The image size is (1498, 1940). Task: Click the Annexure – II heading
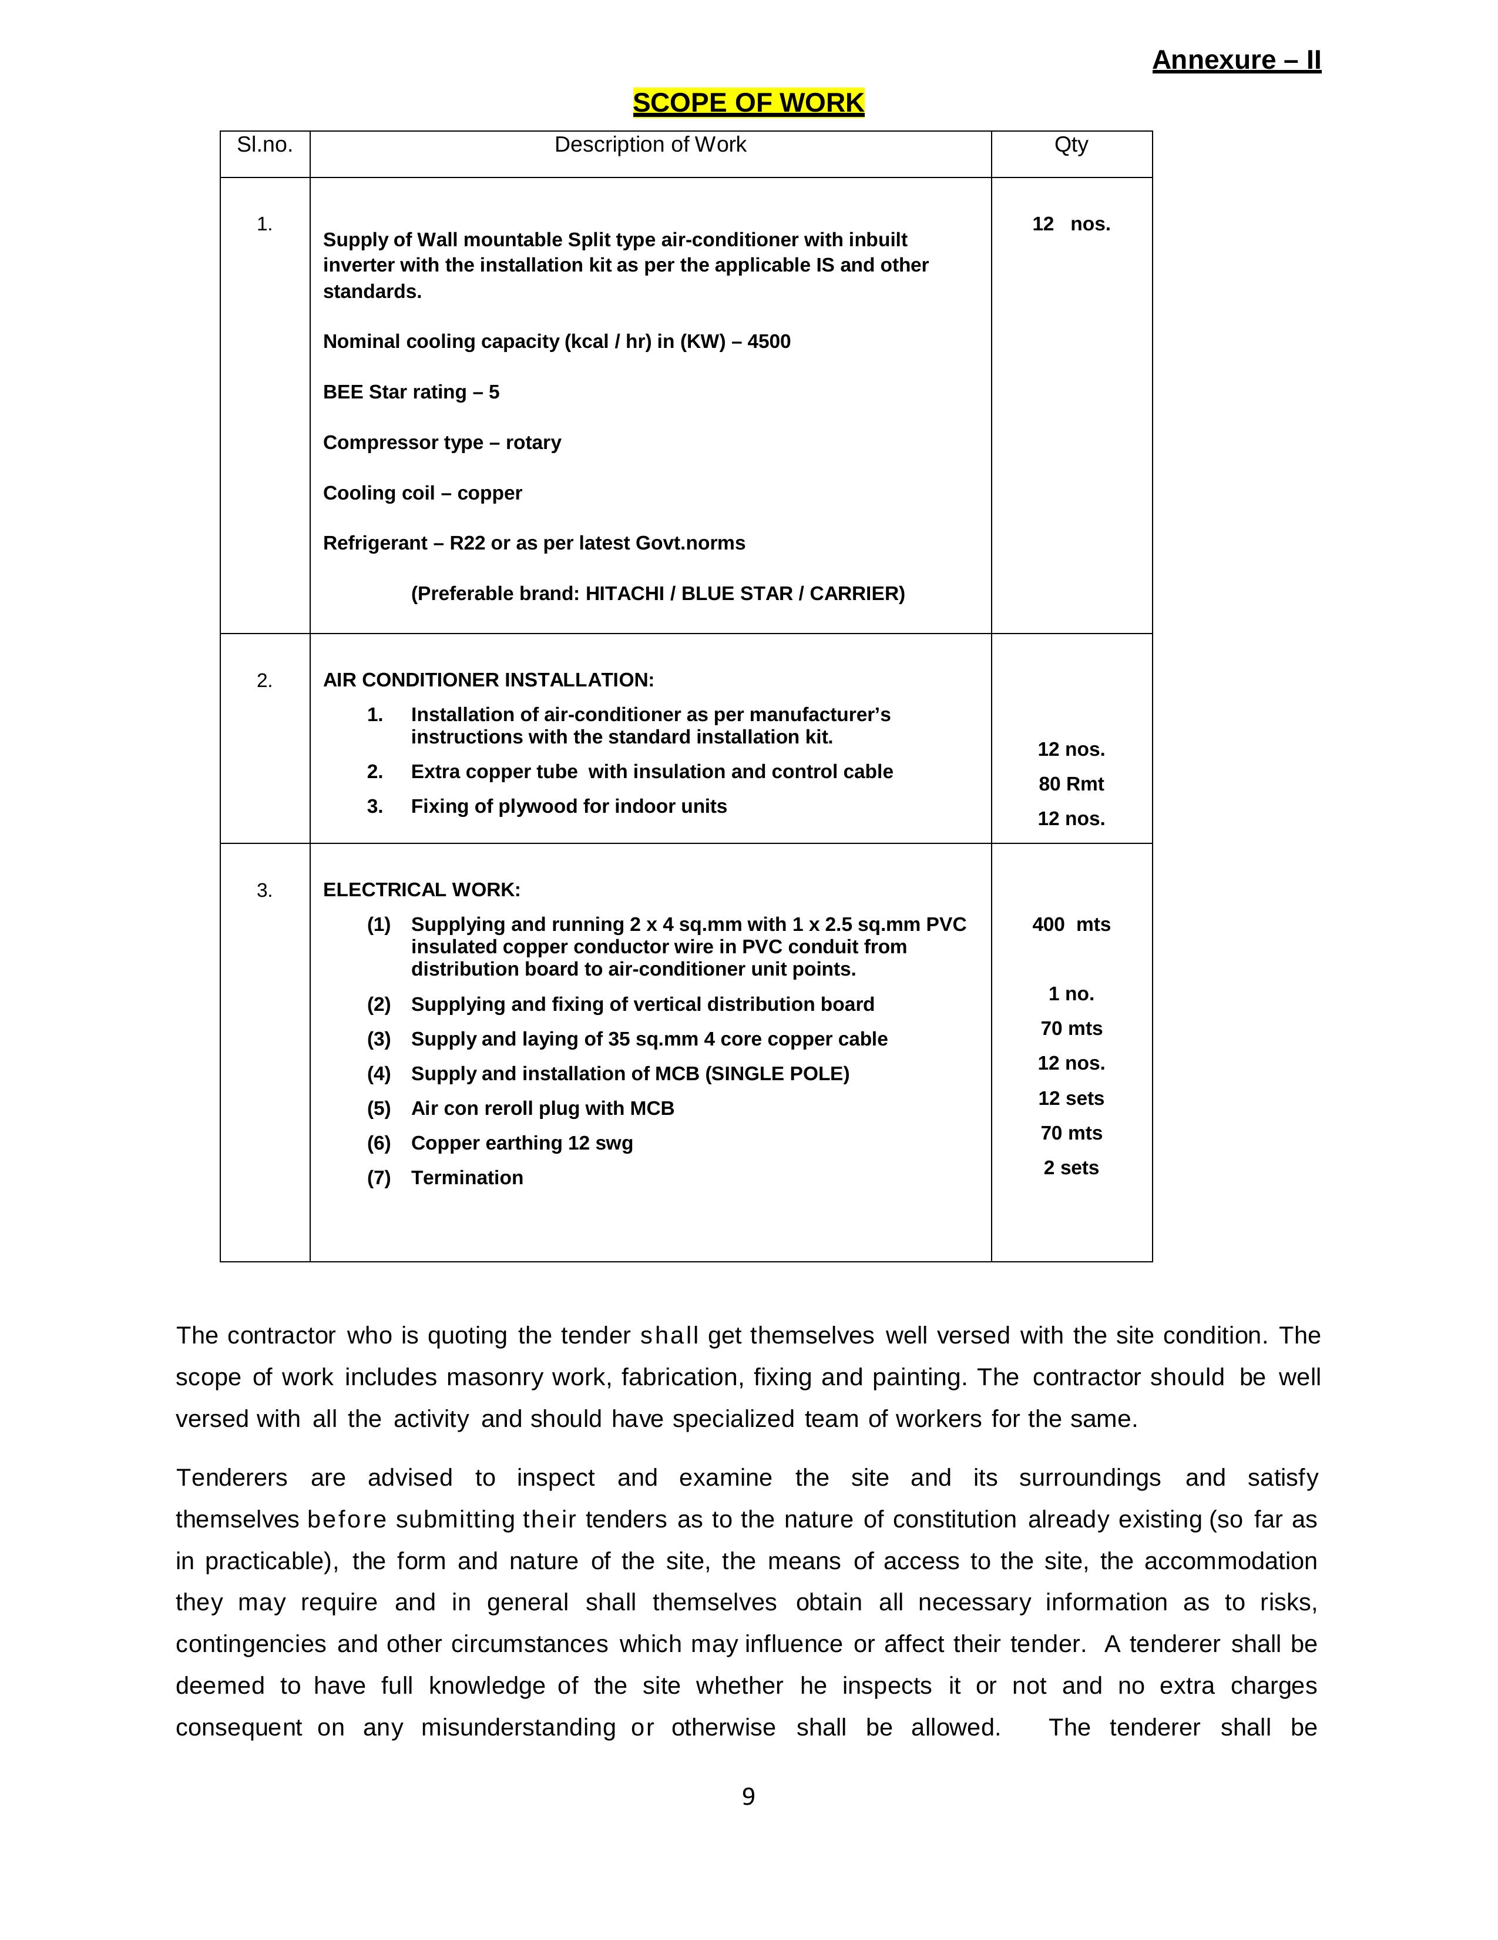click(x=1235, y=61)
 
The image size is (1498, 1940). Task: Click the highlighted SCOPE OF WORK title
click(x=748, y=103)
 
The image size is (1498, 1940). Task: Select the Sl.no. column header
click(x=264, y=145)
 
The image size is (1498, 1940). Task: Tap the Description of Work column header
click(x=650, y=145)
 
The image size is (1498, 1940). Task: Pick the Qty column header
click(x=1071, y=145)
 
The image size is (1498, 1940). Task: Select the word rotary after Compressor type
click(x=533, y=443)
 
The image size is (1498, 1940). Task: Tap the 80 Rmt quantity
click(x=1071, y=783)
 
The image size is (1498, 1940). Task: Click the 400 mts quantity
click(x=1071, y=924)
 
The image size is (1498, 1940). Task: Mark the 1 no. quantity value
click(x=1071, y=993)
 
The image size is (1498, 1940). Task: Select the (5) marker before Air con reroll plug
click(x=379, y=1108)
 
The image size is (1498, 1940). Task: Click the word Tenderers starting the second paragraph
click(x=232, y=1477)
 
